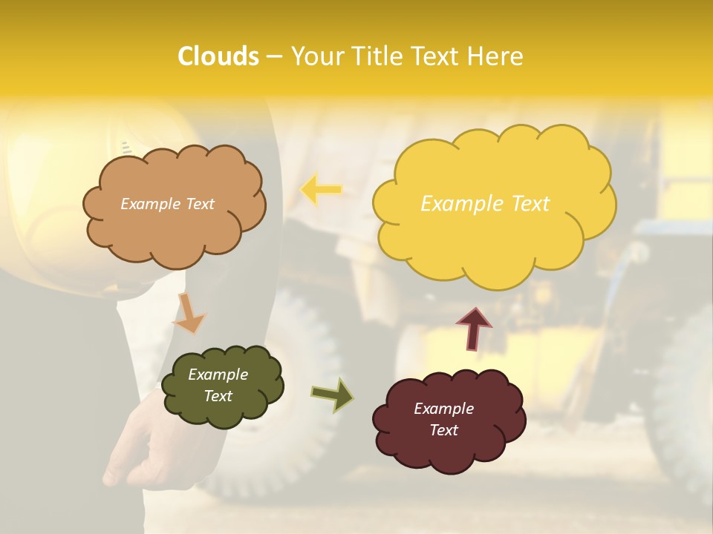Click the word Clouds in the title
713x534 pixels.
[218, 56]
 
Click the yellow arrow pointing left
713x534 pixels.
[321, 190]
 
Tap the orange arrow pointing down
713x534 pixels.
[189, 314]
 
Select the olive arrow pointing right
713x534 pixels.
[333, 394]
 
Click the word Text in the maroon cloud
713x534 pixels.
[443, 430]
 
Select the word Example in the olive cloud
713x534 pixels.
[218, 375]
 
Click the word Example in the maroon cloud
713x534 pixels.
[443, 409]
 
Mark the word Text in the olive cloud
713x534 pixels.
[218, 396]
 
